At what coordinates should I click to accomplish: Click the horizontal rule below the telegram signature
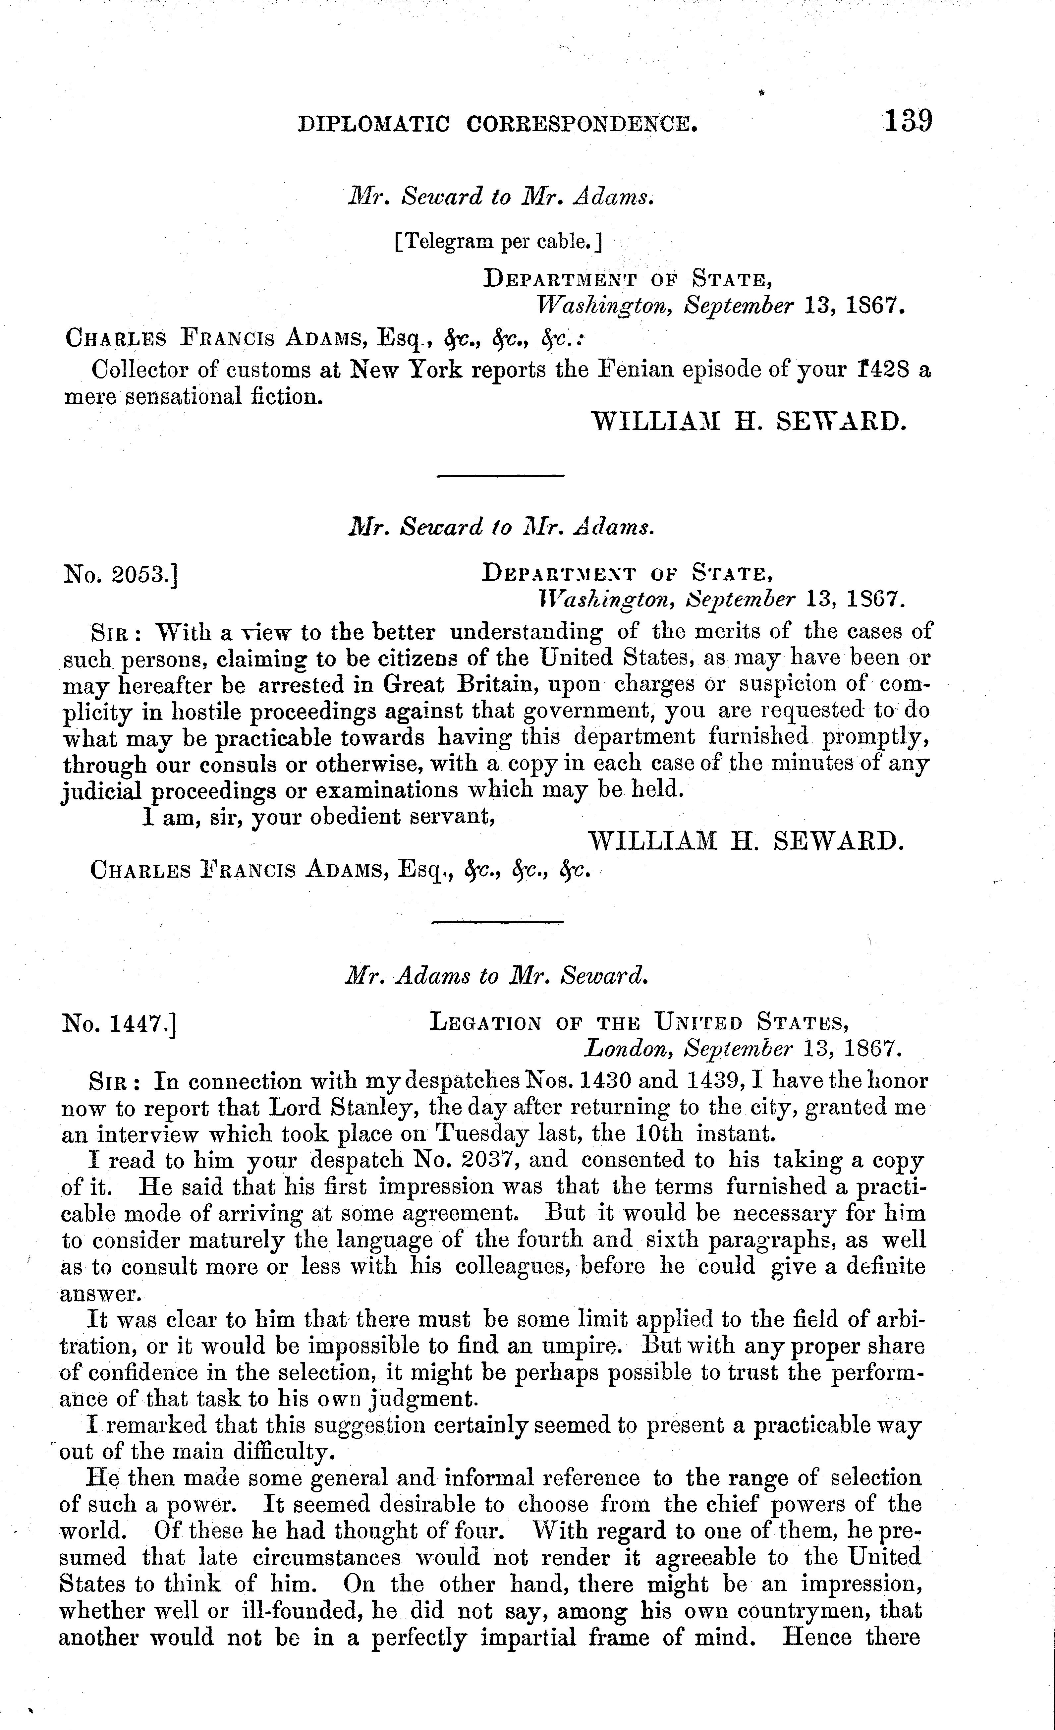pos(500,477)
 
